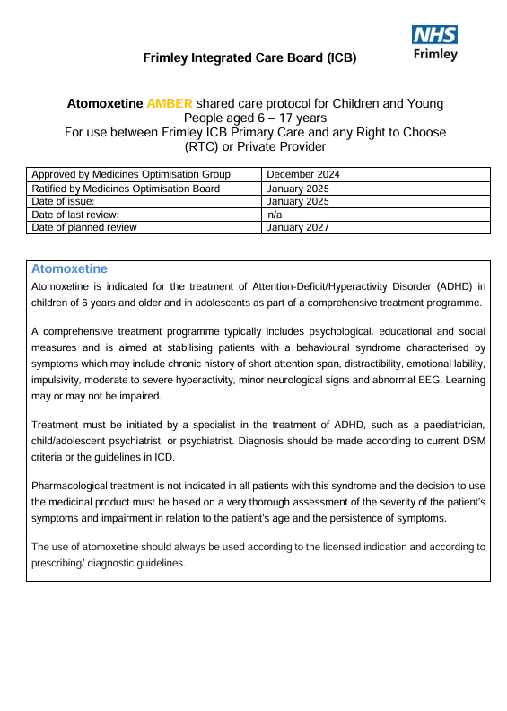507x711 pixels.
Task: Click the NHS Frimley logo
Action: click(x=434, y=42)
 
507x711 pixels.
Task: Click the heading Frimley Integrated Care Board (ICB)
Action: click(x=249, y=58)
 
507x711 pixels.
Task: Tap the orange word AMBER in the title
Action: click(x=170, y=104)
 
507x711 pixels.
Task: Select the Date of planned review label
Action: click(x=84, y=227)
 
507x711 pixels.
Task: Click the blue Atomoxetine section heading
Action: click(x=69, y=268)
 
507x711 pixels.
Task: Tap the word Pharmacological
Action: click(x=72, y=486)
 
